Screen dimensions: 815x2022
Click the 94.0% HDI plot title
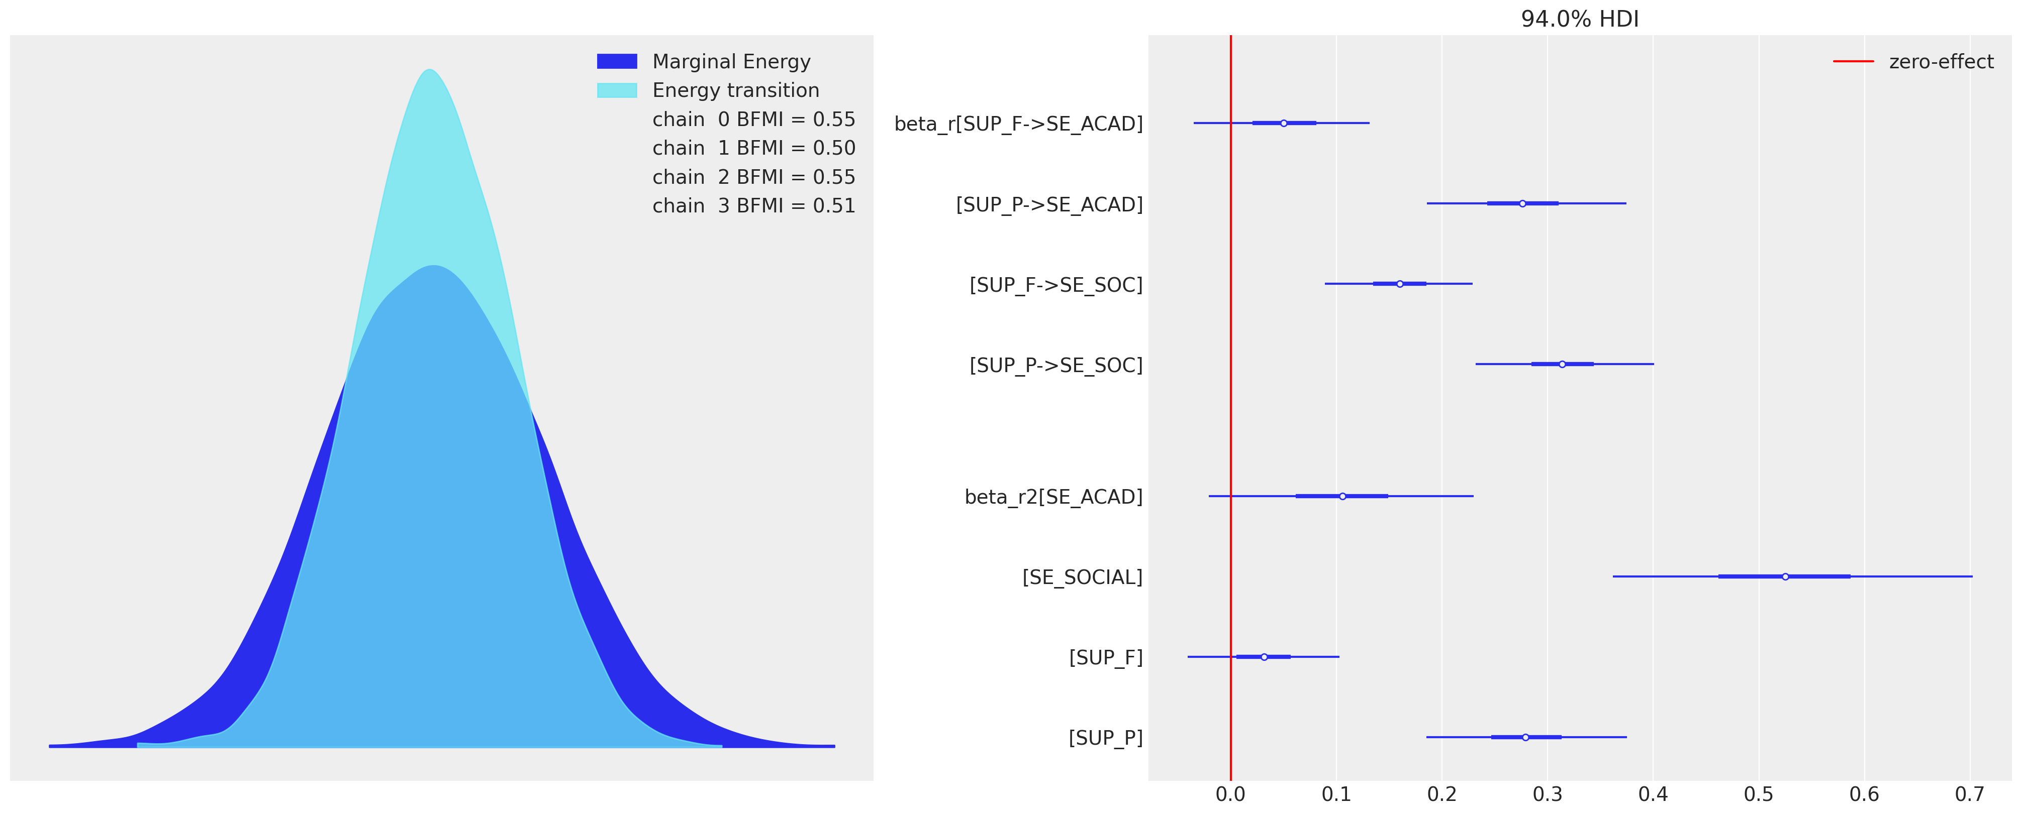(x=1579, y=19)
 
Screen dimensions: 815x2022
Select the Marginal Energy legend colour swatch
(x=617, y=61)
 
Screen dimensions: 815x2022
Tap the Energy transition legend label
(x=735, y=90)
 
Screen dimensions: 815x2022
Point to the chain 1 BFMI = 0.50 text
(x=753, y=148)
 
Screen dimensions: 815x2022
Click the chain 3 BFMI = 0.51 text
(x=753, y=205)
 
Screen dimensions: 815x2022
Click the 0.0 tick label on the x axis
(x=1230, y=794)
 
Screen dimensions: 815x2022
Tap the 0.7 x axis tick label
(x=1969, y=794)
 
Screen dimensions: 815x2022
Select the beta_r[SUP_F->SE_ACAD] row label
(x=1018, y=124)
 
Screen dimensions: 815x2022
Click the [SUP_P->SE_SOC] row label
(x=1056, y=366)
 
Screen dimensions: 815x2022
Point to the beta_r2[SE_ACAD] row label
(x=1053, y=497)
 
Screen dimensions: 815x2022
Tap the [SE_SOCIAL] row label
(x=1082, y=577)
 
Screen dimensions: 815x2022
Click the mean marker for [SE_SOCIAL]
(x=1785, y=576)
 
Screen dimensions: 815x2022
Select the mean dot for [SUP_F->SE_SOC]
(x=1400, y=284)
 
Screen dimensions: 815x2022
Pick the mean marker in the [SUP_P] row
(x=1525, y=737)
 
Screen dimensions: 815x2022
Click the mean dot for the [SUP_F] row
(x=1264, y=656)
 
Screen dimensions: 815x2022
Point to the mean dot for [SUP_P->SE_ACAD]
(x=1522, y=203)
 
